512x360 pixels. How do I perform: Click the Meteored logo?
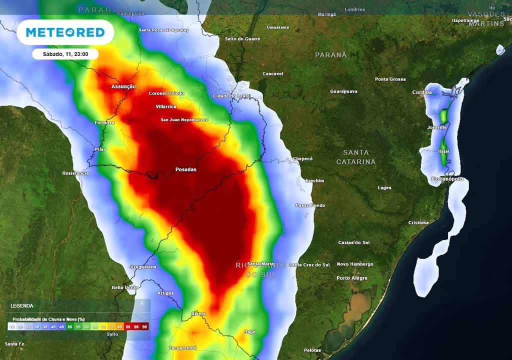point(65,32)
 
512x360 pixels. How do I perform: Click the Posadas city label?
point(186,169)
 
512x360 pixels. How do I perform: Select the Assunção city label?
point(123,86)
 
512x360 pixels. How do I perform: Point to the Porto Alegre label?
point(352,278)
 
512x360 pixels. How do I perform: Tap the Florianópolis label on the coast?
point(447,178)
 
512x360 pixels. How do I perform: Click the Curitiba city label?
point(421,92)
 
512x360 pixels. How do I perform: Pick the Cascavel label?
point(273,74)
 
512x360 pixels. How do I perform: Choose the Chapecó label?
point(302,158)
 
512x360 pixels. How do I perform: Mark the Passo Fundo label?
point(310,205)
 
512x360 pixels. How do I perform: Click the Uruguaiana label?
point(143,267)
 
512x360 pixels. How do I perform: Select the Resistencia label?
point(75,173)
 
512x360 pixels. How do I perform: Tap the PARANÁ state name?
point(330,55)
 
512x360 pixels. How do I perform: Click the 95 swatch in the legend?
point(145,326)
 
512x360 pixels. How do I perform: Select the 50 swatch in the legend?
point(69,326)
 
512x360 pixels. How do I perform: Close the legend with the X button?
point(141,303)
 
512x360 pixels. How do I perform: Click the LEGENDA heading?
point(22,305)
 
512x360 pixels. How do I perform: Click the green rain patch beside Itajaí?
point(442,157)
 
